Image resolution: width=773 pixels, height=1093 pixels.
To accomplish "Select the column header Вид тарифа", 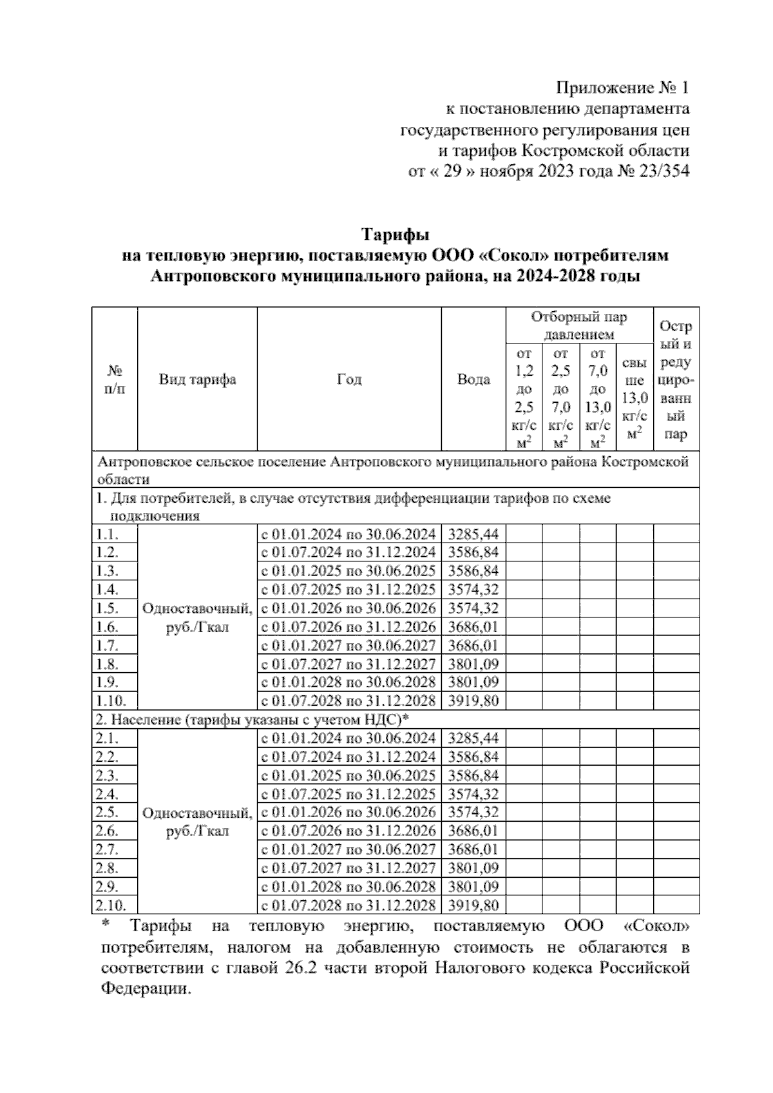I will (197, 379).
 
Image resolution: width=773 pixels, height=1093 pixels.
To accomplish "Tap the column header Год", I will (349, 379).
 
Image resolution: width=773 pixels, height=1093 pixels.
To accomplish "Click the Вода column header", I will (473, 379).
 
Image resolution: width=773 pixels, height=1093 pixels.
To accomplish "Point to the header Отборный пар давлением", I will (578, 325).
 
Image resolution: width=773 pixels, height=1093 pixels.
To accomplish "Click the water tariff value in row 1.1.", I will (473, 534).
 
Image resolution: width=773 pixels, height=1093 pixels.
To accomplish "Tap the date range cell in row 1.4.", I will (348, 590).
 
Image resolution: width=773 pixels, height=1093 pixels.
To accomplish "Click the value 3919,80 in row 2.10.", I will (473, 905).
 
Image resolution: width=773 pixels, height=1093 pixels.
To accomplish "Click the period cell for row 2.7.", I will (348, 849).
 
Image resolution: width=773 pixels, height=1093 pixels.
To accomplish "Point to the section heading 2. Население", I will (253, 719).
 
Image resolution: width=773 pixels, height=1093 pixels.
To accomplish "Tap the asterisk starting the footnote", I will (106, 925).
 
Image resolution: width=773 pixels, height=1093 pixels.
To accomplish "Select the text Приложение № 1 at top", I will (623, 87).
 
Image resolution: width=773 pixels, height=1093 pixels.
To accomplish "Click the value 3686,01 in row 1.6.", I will (473, 626).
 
